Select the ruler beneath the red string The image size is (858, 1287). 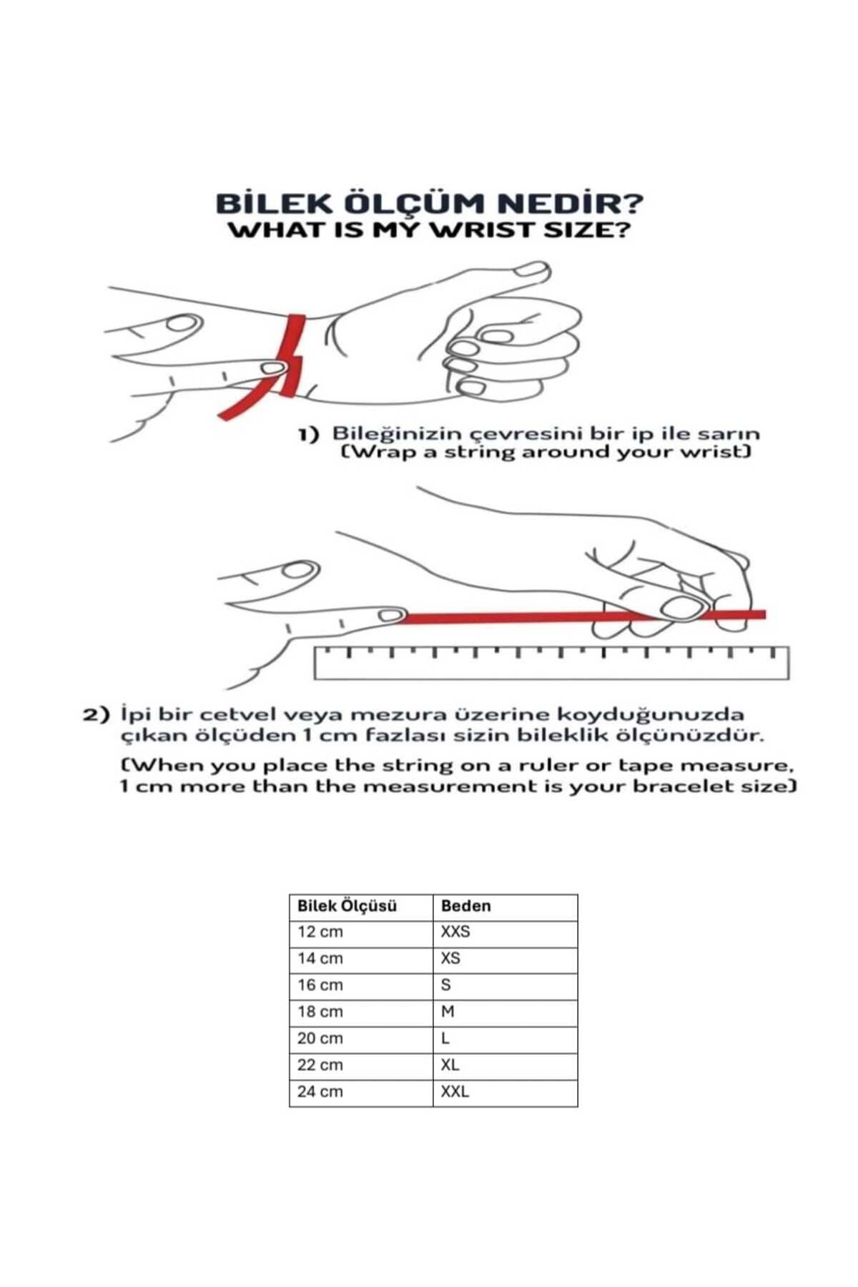[x=551, y=663]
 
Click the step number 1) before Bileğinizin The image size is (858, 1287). [x=308, y=435]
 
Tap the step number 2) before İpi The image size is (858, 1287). [x=97, y=714]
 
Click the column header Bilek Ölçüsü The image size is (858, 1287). [x=347, y=906]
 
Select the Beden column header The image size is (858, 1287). [x=466, y=906]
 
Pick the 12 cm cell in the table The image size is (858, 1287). [x=320, y=932]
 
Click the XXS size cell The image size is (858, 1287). [x=455, y=932]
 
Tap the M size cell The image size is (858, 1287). [x=448, y=1012]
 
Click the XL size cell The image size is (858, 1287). [x=450, y=1065]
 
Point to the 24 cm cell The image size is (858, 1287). [x=320, y=1092]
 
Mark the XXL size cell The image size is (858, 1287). [x=455, y=1092]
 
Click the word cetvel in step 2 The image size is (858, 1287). [x=237, y=714]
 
